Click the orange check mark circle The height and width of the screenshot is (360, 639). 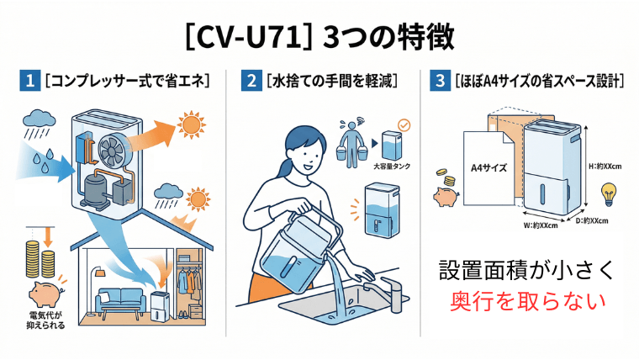(404, 125)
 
